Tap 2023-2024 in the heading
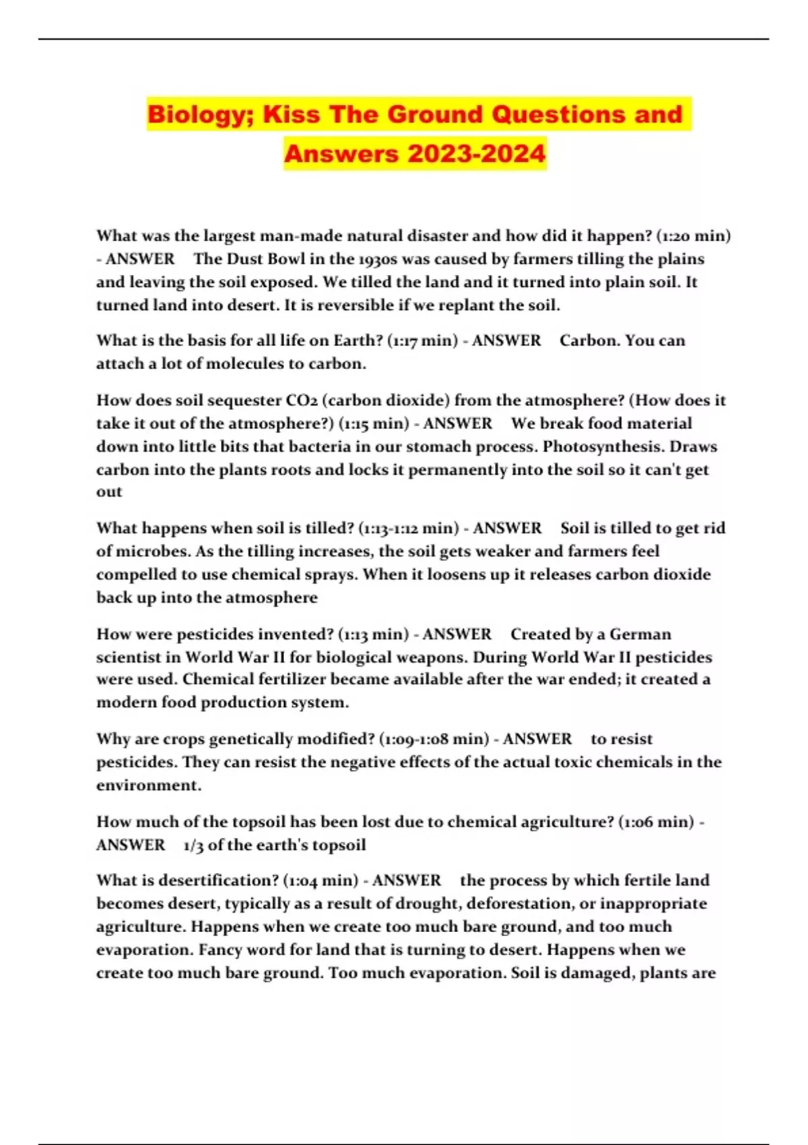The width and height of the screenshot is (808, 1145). tap(476, 154)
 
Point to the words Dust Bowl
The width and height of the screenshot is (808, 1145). tap(265, 259)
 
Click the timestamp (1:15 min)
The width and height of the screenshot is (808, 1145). tap(373, 424)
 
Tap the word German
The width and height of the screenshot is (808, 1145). tap(640, 634)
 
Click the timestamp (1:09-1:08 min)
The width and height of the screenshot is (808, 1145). tap(434, 740)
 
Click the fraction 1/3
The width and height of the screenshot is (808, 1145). tap(193, 845)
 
